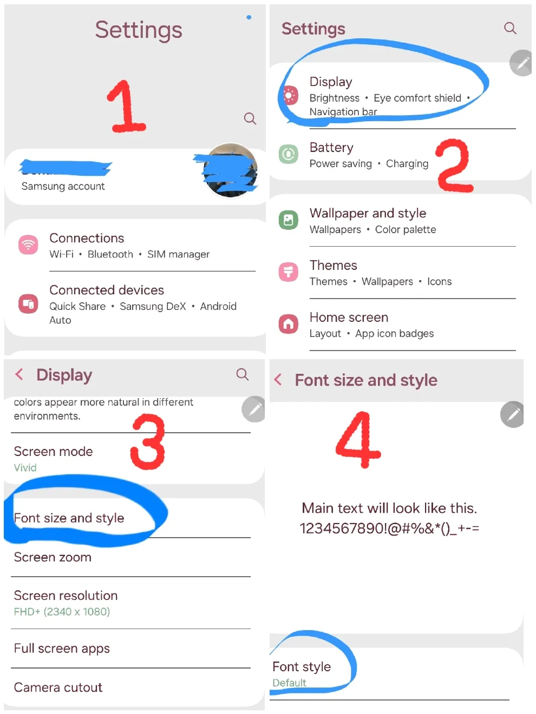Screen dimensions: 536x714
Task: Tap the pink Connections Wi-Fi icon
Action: coord(28,244)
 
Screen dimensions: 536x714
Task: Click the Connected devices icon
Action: coord(28,303)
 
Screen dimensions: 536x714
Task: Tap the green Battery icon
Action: coord(289,154)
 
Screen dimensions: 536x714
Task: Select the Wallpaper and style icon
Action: coord(289,220)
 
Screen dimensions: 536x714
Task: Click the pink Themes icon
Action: coord(289,272)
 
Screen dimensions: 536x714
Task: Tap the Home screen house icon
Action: coord(289,324)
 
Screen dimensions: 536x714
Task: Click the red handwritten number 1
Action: coord(126,107)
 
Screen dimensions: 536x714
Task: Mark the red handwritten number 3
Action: coord(148,441)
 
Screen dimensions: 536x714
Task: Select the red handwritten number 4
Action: coord(358,439)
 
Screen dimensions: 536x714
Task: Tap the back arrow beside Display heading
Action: coord(19,374)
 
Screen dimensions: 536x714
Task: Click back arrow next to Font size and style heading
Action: coord(278,379)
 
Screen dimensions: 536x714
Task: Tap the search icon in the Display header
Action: coord(243,374)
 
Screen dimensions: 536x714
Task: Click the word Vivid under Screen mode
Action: coord(25,467)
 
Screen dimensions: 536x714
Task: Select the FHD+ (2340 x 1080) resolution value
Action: coord(62,612)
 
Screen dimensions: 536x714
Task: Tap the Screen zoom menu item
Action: coord(53,557)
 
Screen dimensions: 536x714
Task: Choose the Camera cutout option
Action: coord(58,687)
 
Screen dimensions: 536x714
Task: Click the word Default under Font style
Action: coord(289,683)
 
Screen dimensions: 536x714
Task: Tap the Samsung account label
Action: coord(63,186)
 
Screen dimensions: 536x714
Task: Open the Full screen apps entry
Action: coord(62,649)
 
